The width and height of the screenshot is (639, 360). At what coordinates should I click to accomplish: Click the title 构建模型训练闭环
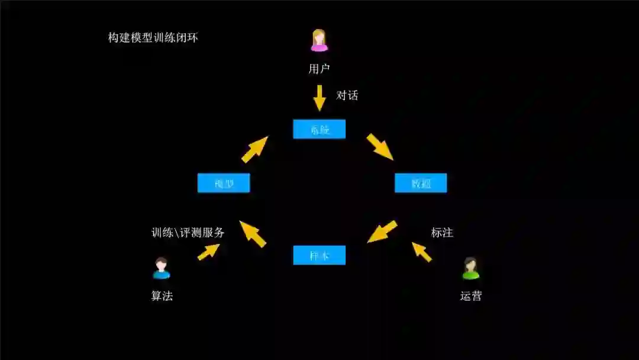coord(153,38)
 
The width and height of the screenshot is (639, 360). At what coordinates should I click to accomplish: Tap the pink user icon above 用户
coord(319,41)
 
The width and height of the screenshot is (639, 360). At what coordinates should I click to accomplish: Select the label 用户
coord(319,69)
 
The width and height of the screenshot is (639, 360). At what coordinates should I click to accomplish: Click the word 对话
coord(347,95)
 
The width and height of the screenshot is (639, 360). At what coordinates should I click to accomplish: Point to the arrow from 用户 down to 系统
coord(319,98)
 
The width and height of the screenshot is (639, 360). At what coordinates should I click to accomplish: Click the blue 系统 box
coord(319,129)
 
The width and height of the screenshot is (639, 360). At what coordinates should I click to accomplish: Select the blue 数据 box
coord(421,183)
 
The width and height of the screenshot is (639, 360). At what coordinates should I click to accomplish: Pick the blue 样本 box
coord(319,255)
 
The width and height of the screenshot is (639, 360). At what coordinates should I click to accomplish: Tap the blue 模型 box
coord(224,183)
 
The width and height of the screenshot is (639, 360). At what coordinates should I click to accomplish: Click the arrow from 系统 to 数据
coord(380,147)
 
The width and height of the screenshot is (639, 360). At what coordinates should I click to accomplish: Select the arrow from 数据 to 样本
coord(382,232)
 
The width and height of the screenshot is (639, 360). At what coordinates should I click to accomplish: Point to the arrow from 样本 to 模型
coord(253,233)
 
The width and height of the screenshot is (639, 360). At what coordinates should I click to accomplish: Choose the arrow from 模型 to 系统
coord(254,149)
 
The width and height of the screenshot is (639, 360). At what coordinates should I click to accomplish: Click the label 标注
coord(442,233)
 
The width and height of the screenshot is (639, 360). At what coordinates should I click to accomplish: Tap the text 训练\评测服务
coord(188,233)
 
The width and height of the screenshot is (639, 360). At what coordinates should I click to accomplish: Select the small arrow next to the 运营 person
coord(422,252)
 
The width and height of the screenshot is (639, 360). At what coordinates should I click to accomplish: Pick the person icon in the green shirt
coord(471,269)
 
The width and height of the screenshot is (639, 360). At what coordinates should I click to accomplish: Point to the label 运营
coord(471,296)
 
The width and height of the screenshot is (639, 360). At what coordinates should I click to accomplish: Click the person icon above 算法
coord(162,268)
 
